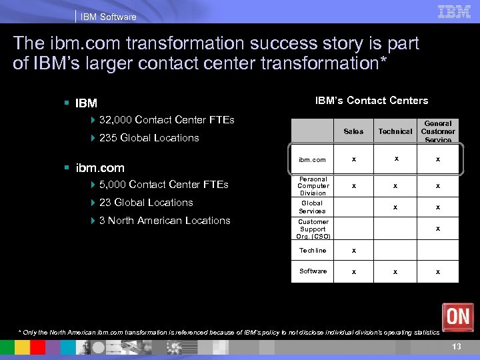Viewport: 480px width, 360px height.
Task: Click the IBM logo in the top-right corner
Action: click(x=455, y=11)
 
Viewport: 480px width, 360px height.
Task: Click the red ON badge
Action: click(x=457, y=316)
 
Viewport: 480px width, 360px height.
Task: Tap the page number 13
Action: click(x=457, y=347)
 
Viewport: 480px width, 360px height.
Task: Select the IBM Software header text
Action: click(x=108, y=17)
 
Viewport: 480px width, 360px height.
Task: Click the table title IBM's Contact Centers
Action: click(x=371, y=101)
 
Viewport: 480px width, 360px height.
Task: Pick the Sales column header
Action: click(x=353, y=131)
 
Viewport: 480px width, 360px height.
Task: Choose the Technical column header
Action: click(x=395, y=131)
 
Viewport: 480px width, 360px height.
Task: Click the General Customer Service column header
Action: click(x=438, y=131)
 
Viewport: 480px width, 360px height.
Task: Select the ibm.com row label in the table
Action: click(x=313, y=160)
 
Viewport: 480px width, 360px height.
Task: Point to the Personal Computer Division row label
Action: click(x=313, y=186)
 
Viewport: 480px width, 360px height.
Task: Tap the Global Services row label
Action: click(x=313, y=207)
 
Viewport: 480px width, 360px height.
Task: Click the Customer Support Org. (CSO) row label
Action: click(x=313, y=229)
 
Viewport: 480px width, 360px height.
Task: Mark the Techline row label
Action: click(x=313, y=251)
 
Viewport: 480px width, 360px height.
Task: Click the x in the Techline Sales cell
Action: click(x=353, y=251)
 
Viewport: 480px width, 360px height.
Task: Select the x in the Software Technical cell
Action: click(x=395, y=271)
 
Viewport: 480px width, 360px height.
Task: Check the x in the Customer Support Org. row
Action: click(x=438, y=229)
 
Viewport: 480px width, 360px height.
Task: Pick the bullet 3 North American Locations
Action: click(x=165, y=221)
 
